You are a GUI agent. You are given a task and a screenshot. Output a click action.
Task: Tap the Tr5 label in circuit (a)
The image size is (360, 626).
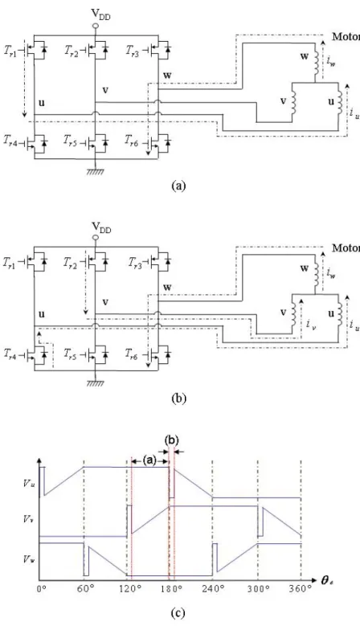click(x=70, y=141)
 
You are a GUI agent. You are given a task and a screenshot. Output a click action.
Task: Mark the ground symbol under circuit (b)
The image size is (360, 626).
click(x=96, y=382)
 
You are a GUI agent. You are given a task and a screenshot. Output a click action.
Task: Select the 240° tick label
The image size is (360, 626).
click(x=212, y=589)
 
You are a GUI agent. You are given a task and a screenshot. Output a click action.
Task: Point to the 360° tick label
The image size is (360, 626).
click(x=301, y=589)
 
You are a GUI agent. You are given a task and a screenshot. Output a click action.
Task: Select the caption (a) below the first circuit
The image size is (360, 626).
click(x=178, y=186)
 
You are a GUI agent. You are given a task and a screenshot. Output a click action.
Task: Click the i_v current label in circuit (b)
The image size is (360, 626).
click(x=309, y=324)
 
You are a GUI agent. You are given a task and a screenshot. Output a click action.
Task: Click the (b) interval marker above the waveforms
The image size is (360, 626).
click(x=171, y=440)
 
